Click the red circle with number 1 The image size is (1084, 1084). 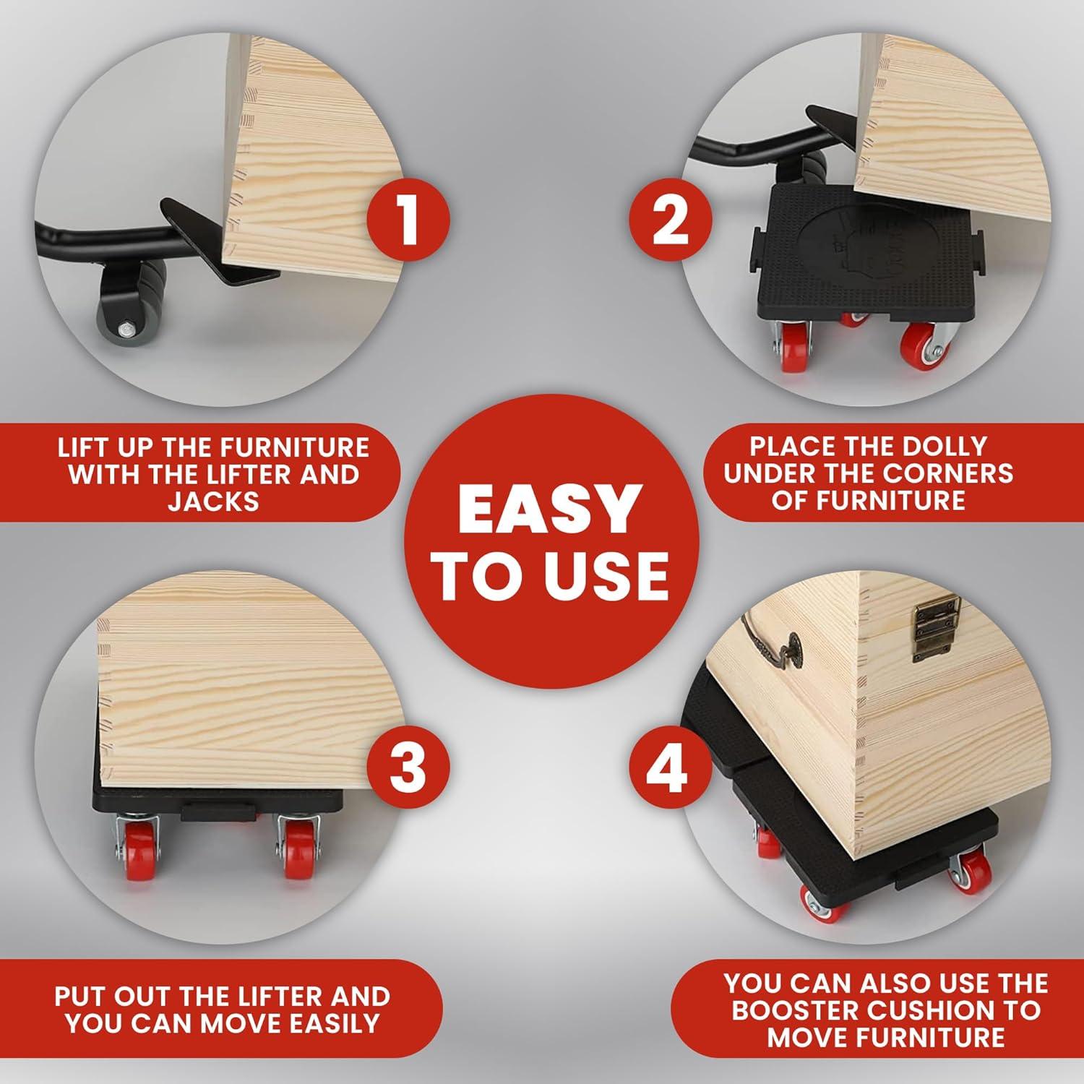pos(408,218)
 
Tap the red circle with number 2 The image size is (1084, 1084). pos(670,218)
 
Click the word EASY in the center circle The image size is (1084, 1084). pos(551,509)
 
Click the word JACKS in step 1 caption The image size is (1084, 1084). pos(214,502)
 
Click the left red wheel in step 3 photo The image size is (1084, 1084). pos(138,853)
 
